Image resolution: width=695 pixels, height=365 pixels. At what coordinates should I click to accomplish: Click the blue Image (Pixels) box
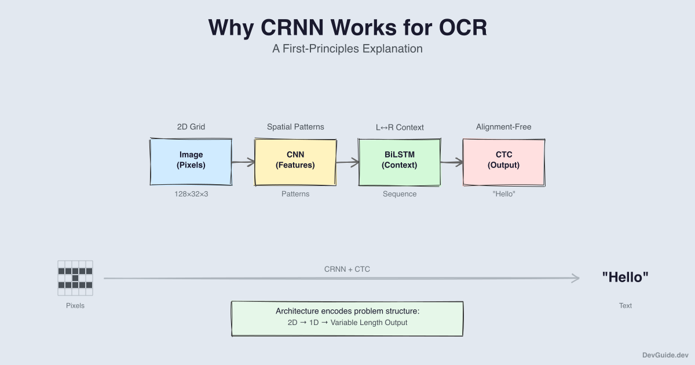(191, 162)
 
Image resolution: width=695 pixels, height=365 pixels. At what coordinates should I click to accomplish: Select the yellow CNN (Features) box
(295, 162)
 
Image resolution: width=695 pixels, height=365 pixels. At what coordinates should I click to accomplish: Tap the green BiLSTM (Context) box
(400, 162)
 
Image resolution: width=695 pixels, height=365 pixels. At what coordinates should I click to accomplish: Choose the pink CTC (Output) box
(504, 162)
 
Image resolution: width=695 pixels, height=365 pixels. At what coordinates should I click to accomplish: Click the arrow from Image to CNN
(243, 163)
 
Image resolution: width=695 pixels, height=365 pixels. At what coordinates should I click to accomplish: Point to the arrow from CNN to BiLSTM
(348, 163)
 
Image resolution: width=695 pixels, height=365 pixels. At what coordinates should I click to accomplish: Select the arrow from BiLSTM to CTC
(452, 163)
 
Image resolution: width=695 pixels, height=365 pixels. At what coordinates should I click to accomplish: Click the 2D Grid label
(191, 126)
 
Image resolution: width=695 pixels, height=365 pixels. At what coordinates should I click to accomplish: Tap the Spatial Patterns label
(295, 126)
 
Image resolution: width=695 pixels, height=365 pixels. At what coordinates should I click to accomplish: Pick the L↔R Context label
(400, 127)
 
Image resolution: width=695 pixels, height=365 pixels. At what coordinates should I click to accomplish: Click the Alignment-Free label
(504, 126)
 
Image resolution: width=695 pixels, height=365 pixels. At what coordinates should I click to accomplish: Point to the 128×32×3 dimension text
(191, 194)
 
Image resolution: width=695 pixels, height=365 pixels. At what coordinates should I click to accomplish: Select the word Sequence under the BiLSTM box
(400, 194)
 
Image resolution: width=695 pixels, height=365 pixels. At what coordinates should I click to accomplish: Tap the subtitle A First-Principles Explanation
(348, 49)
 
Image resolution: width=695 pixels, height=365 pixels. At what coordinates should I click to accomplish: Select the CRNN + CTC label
(348, 269)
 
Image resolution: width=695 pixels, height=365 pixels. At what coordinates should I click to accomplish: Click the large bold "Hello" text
(625, 278)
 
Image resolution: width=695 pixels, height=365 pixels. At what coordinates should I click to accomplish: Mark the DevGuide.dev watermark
(665, 355)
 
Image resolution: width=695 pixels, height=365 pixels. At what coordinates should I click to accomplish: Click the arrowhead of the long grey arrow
(576, 279)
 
